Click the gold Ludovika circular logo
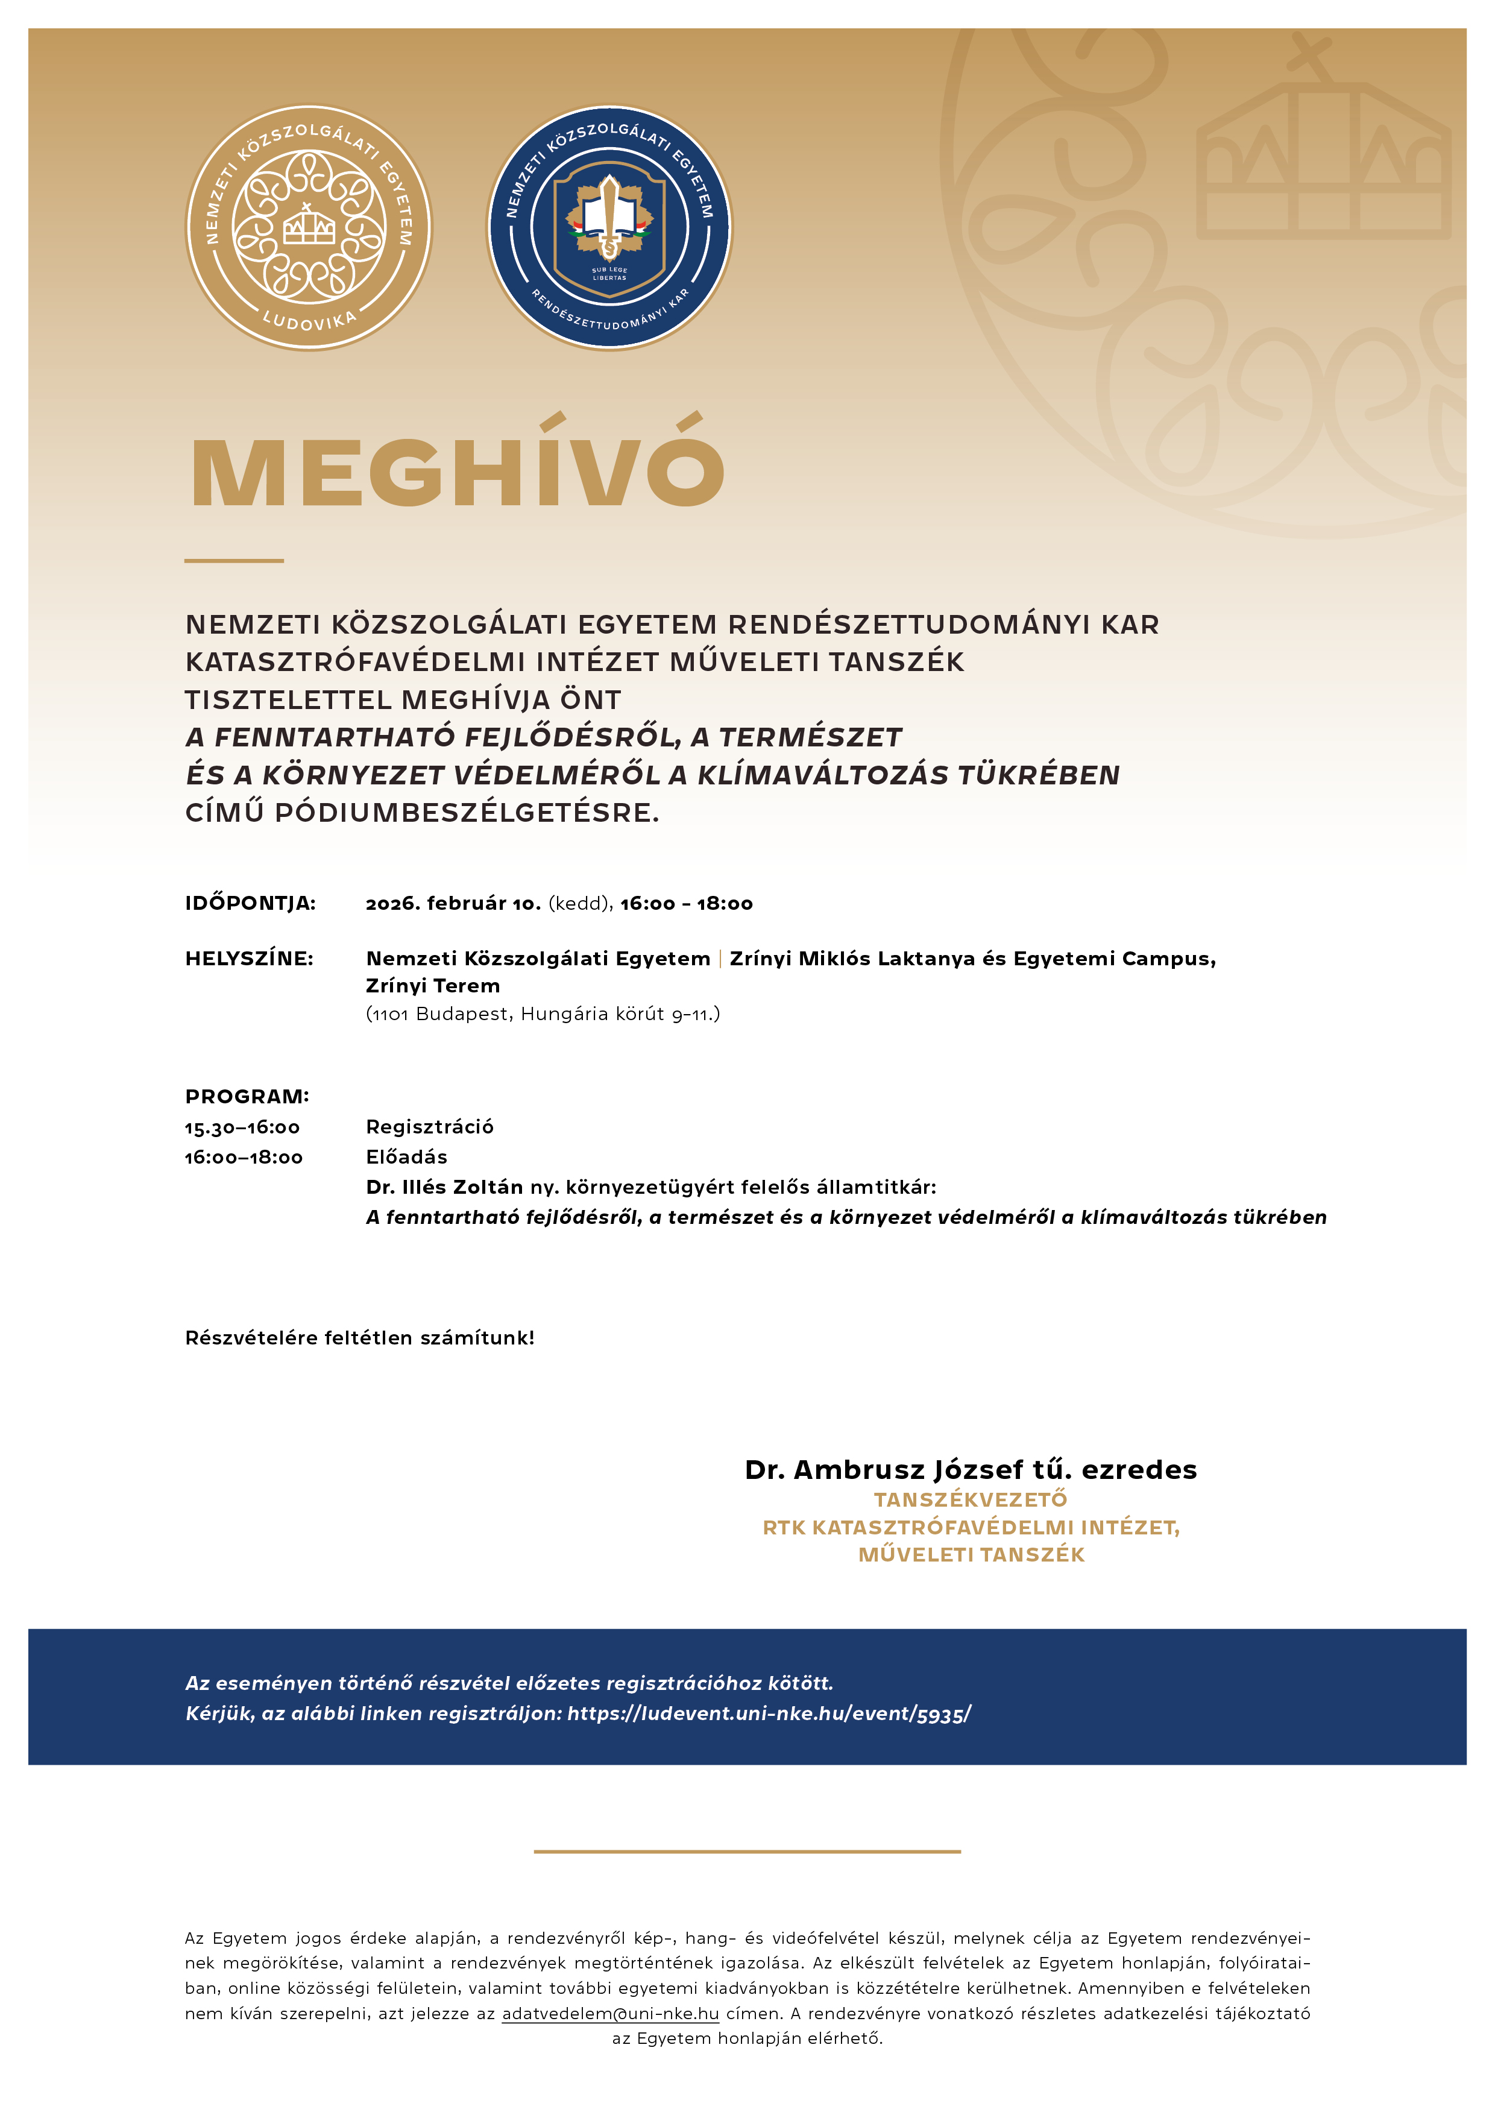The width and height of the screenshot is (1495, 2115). (309, 227)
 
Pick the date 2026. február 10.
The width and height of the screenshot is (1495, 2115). (453, 904)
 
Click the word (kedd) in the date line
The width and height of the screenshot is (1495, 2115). (581, 904)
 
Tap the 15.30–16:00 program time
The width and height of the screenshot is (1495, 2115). (242, 1127)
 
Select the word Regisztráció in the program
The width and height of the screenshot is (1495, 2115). (429, 1127)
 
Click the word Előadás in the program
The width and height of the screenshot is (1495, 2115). (406, 1157)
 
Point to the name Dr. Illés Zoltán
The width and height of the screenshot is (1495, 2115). (444, 1187)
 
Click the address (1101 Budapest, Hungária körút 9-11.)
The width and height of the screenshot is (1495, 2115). (543, 1014)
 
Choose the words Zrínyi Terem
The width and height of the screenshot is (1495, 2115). (433, 986)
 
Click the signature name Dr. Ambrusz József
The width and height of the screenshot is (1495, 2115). (884, 1470)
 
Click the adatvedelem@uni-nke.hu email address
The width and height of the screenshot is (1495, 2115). (610, 2014)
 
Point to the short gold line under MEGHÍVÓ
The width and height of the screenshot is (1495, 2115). (234, 560)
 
